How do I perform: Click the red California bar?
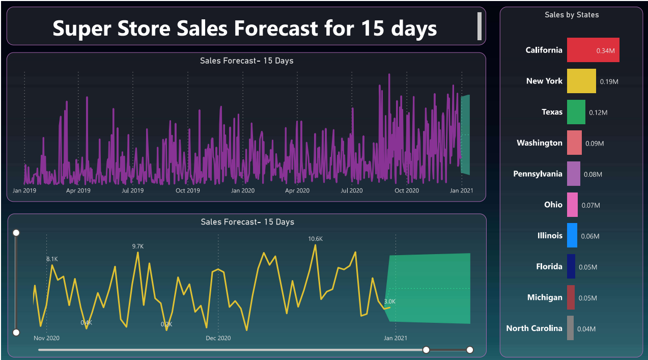(593, 50)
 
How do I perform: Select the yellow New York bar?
(581, 81)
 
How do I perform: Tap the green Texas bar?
(576, 112)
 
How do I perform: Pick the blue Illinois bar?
(572, 236)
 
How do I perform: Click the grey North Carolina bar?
(570, 328)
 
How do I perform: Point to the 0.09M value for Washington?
(595, 144)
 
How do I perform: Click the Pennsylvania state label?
(538, 174)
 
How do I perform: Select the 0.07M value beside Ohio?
(590, 205)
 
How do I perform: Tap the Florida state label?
(549, 267)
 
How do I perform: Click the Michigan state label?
(545, 297)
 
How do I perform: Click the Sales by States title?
(572, 15)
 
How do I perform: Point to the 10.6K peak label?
(315, 239)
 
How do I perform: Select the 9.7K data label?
(138, 246)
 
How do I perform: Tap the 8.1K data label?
(52, 259)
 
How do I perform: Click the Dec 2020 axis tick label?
(218, 338)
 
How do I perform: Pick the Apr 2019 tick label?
(78, 191)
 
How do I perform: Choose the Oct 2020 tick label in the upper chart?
(407, 191)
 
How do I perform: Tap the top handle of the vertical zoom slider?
(16, 233)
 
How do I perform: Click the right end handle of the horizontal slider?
(470, 350)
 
